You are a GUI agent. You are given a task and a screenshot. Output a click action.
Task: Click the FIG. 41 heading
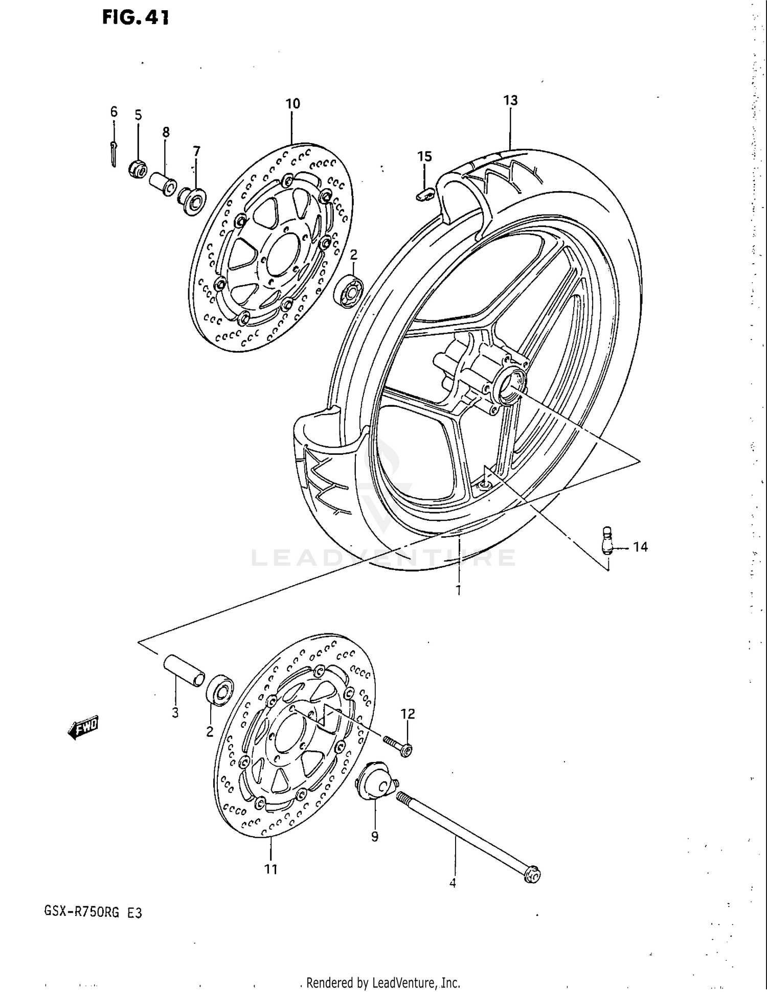click(135, 18)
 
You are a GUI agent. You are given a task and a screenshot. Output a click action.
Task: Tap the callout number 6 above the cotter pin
click(114, 111)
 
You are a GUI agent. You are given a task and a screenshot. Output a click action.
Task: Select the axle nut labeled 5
click(139, 168)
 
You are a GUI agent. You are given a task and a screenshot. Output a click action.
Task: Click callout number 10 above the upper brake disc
click(292, 104)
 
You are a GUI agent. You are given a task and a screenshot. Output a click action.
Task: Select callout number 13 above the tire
click(510, 100)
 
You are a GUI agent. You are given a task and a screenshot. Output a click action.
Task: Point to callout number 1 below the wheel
click(459, 590)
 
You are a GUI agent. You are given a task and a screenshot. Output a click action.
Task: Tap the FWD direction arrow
click(82, 727)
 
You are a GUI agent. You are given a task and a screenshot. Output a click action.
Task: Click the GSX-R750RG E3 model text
click(93, 912)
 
